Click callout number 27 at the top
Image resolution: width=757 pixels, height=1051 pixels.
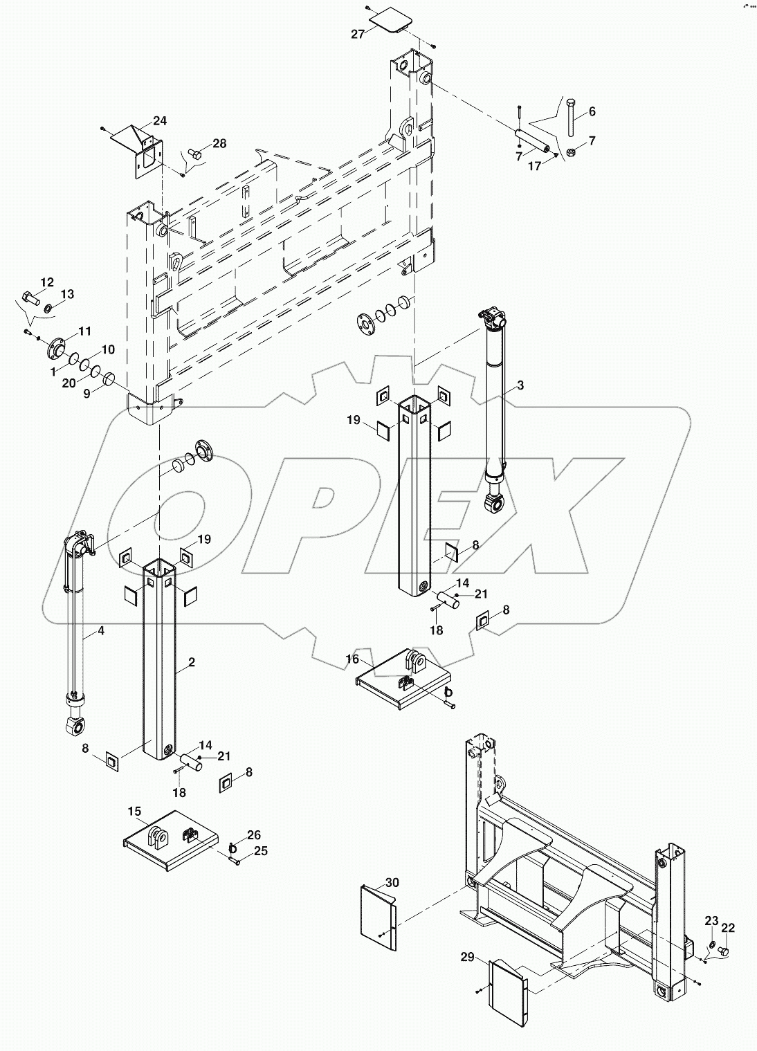[357, 34]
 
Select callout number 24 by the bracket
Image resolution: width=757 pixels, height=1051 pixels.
[160, 121]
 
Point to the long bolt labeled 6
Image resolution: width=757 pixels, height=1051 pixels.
[569, 117]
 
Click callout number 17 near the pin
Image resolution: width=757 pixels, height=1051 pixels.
[534, 166]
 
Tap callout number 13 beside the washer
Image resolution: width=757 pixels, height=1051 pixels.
[67, 295]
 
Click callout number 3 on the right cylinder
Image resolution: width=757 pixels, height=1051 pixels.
[520, 386]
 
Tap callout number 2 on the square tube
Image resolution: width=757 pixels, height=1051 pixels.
[192, 662]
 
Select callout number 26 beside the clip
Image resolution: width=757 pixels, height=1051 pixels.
[254, 834]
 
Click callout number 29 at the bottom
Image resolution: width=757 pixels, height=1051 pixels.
[468, 957]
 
